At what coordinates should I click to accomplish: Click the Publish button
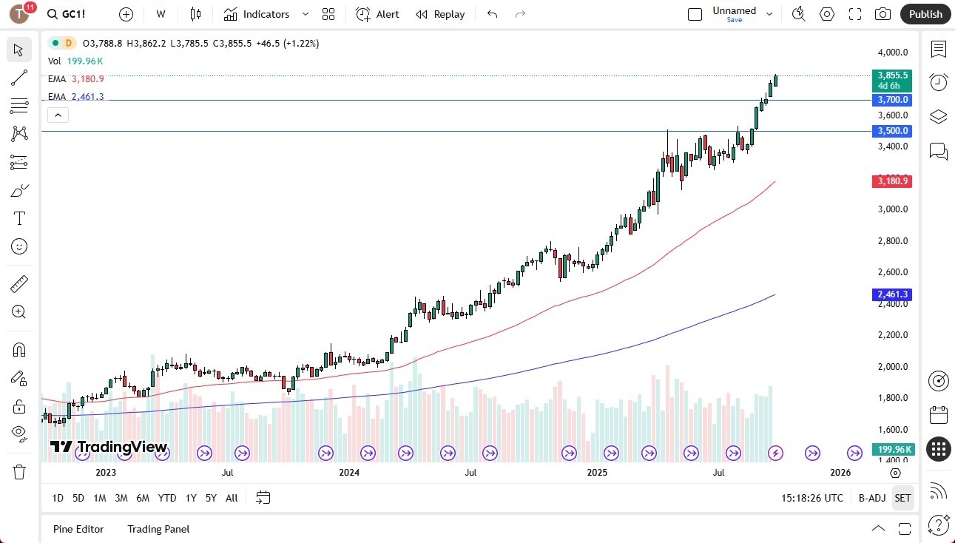(925, 14)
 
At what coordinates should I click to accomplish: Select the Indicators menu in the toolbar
(257, 14)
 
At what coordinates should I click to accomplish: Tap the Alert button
(377, 14)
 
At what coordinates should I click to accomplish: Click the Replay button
(440, 14)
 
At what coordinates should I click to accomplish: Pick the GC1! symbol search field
(72, 14)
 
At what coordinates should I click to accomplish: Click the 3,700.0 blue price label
(893, 100)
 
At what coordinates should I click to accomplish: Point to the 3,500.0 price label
(893, 131)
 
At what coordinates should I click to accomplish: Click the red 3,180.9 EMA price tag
(893, 181)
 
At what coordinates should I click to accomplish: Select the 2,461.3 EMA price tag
(893, 294)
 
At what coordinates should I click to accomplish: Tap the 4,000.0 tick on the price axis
(893, 53)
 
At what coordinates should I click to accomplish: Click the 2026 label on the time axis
(840, 472)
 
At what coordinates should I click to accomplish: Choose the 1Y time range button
(191, 498)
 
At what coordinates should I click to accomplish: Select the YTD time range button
(167, 498)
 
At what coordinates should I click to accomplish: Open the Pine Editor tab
(78, 529)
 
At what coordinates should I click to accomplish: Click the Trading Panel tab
(158, 529)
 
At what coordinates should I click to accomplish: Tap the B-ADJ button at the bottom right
(872, 498)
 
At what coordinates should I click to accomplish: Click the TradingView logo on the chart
(109, 447)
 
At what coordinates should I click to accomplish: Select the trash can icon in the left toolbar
(19, 472)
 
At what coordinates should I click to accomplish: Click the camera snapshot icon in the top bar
(883, 14)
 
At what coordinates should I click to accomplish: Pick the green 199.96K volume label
(893, 450)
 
